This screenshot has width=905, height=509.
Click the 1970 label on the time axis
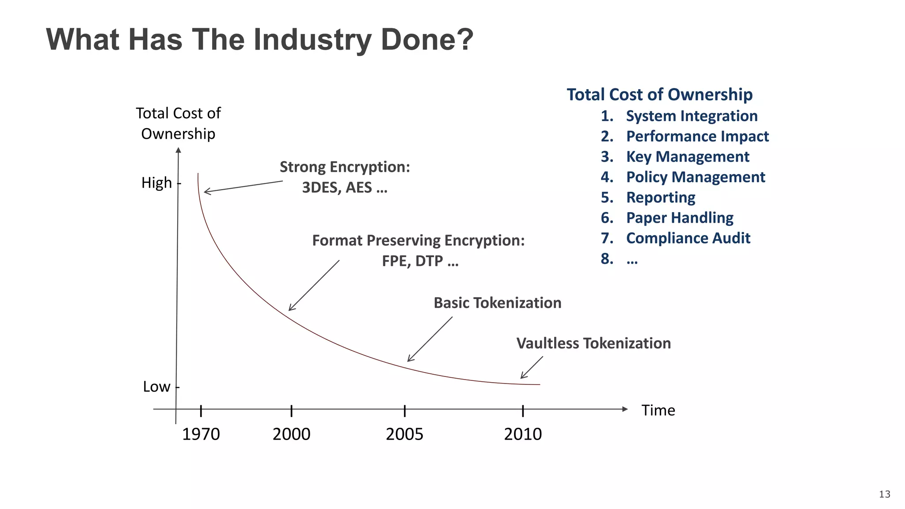201,434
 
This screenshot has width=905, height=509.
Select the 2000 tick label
291,434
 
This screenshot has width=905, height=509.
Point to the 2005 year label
404,434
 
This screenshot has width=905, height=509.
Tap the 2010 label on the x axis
523,434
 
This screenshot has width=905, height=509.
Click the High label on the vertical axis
156,182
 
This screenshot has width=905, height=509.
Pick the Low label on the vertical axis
156,387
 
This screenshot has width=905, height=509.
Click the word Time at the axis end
658,410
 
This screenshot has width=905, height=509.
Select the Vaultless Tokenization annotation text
593,343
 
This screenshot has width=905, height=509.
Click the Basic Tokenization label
497,303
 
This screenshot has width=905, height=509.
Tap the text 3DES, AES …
345,188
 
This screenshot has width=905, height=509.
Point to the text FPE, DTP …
420,261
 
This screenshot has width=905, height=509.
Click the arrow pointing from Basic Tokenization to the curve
430,339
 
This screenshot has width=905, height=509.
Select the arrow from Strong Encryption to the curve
243,186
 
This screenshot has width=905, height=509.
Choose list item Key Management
687,157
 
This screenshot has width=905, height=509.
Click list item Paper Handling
680,218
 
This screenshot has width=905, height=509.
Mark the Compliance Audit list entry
688,238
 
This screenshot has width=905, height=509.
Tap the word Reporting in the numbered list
661,198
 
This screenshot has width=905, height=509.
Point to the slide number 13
884,494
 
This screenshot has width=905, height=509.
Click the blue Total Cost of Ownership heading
659,95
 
